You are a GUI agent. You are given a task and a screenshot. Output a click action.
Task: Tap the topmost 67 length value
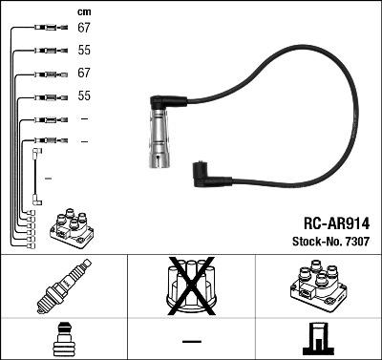pyautogui.click(x=83, y=28)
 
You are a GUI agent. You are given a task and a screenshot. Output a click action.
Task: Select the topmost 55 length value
pyautogui.click(x=83, y=51)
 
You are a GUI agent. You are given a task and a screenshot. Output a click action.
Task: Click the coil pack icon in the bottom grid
pyautogui.click(x=317, y=289)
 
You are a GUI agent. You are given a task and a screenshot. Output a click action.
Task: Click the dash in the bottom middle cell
pyautogui.click(x=191, y=341)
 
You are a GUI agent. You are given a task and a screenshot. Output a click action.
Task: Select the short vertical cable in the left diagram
pyautogui.click(x=36, y=176)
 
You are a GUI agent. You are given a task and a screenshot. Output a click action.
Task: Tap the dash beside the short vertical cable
pyautogui.click(x=49, y=179)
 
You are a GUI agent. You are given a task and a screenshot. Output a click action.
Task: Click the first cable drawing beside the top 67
pyautogui.click(x=48, y=28)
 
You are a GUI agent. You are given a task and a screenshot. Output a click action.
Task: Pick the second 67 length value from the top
pyautogui.click(x=83, y=74)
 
